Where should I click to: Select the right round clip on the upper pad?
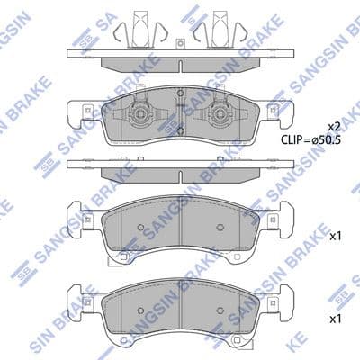click(219, 117)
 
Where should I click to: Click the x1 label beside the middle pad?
click(336, 237)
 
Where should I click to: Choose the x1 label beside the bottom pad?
click(336, 319)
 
